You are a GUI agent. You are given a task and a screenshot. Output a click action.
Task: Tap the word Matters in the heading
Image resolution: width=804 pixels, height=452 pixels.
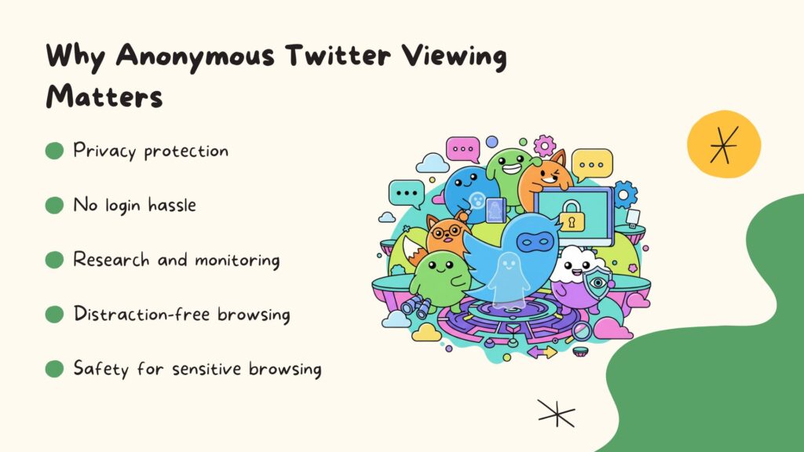(x=104, y=97)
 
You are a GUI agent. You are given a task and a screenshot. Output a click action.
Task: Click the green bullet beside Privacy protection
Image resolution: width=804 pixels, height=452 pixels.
(x=54, y=151)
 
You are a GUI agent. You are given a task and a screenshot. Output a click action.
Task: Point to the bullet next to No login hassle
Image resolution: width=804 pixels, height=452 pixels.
(x=54, y=206)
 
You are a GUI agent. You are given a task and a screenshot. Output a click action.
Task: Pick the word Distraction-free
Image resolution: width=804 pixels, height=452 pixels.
(x=133, y=315)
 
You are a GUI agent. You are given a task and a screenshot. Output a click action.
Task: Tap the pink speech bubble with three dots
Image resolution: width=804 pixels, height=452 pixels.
(x=462, y=148)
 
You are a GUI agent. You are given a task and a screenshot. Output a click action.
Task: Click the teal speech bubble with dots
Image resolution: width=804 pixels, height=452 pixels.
(x=407, y=193)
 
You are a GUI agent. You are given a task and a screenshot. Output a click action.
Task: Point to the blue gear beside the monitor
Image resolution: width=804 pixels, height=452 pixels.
(x=625, y=194)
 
